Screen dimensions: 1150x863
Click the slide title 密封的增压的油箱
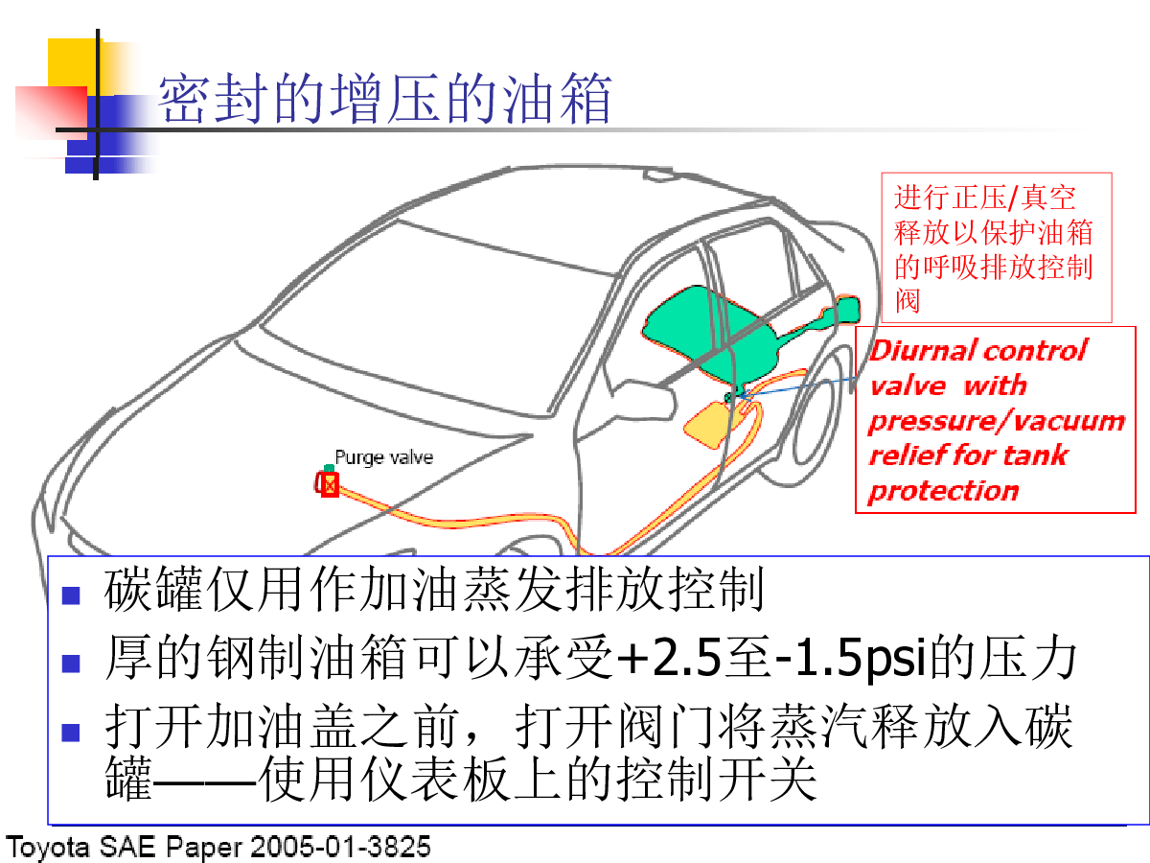coord(385,99)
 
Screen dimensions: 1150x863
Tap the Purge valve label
coord(384,457)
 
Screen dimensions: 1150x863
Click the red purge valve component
coord(328,483)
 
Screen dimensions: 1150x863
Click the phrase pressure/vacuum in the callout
coord(997,421)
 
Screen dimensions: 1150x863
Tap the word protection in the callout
coord(944,491)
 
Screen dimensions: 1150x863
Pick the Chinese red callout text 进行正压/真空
coord(985,198)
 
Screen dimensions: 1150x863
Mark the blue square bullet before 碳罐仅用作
coord(71,595)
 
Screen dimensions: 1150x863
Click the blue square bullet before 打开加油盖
coord(71,733)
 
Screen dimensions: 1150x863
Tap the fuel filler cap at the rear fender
coord(847,310)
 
